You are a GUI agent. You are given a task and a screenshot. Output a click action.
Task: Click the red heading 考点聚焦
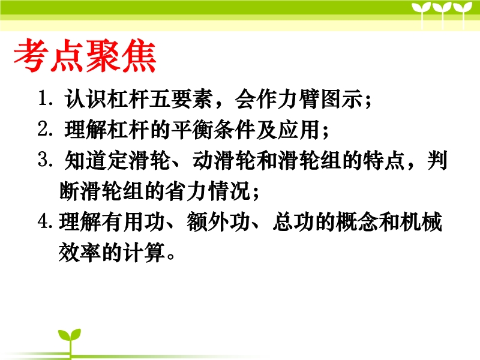click(x=85, y=55)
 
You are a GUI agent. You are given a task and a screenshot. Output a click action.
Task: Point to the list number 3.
click(x=43, y=160)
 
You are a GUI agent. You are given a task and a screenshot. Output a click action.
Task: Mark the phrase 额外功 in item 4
click(x=218, y=221)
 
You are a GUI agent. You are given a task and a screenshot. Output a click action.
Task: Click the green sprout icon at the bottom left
click(x=70, y=342)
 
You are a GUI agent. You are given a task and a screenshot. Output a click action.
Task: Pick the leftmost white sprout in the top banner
click(x=422, y=14)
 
